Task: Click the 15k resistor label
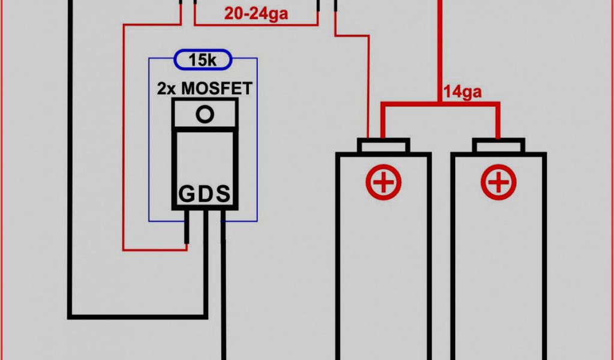204,61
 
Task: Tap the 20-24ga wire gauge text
256,13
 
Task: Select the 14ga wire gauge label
463,92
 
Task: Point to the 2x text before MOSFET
167,88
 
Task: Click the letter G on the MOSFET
186,194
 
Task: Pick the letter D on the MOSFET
204,194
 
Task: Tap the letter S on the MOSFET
222,194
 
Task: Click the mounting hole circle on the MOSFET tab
205,114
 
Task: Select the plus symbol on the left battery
383,182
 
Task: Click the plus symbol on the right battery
498,182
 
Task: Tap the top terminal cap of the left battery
383,146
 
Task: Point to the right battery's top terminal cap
498,146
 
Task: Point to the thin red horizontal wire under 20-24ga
256,25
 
